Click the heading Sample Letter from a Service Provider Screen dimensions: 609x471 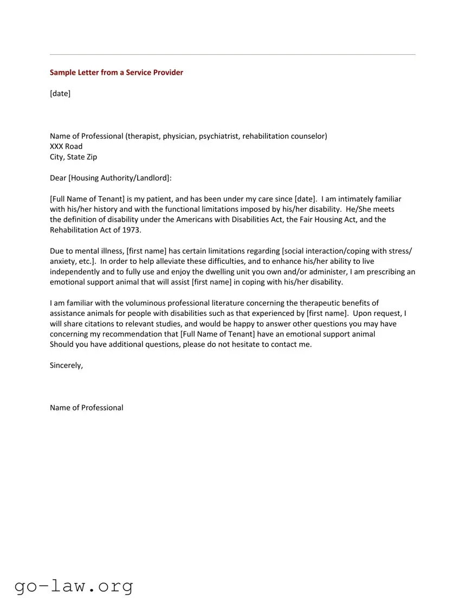pos(117,73)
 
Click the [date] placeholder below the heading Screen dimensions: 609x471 pos(60,94)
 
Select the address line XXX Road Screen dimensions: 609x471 pos(66,146)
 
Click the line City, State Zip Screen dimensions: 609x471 pos(73,157)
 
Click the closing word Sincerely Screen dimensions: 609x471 pos(66,366)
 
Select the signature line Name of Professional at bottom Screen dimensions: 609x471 pos(86,408)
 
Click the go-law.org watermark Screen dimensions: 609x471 pos(74,586)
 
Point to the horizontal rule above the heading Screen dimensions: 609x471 pos(233,55)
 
